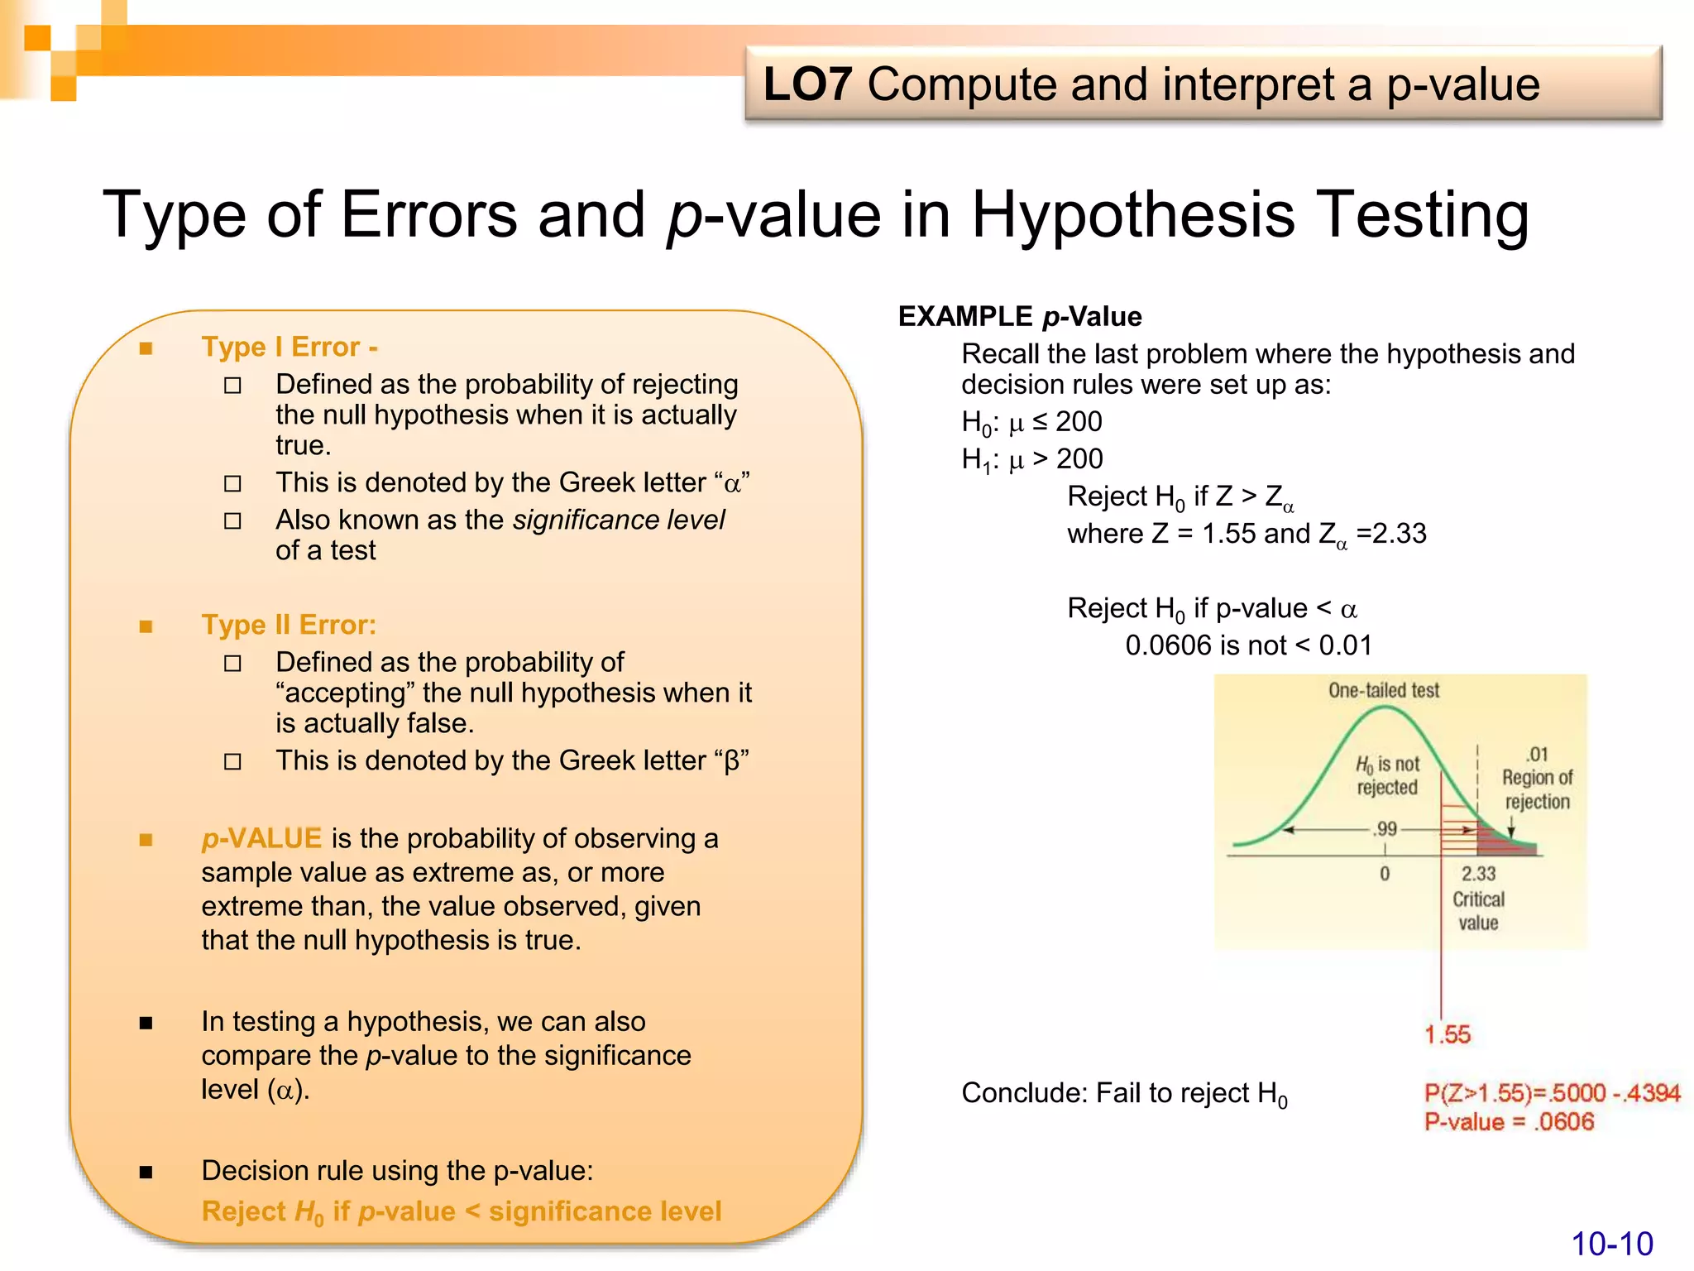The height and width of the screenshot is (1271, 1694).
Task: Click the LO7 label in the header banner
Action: pos(806,84)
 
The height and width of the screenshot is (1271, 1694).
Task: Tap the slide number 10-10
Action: pos(1611,1244)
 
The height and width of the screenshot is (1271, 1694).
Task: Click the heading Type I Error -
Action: pos(290,347)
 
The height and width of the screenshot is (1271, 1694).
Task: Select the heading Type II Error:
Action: pos(289,625)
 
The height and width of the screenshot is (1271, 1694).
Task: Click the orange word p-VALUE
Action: pos(261,838)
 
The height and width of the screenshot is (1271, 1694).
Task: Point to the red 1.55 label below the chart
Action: pos(1448,1034)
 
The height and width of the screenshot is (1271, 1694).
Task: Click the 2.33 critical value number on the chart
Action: pos(1478,874)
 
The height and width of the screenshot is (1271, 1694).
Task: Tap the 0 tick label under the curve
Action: pos(1385,874)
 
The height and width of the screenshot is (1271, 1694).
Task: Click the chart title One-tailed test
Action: pos(1384,690)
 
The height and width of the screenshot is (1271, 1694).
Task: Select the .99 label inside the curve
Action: pos(1385,828)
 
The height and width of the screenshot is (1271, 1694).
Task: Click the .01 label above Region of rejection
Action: pos(1537,755)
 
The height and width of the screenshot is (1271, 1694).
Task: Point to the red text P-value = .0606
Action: pos(1509,1122)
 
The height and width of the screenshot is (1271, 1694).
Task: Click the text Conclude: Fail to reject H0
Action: pos(1123,1094)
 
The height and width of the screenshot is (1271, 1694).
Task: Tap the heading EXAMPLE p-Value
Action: pos(1019,316)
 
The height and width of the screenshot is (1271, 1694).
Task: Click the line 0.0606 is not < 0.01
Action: pos(1248,645)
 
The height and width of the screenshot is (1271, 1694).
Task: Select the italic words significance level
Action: pos(618,520)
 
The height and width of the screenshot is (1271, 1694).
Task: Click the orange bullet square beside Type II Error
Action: pos(146,626)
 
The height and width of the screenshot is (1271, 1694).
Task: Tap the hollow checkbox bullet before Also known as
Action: pos(233,521)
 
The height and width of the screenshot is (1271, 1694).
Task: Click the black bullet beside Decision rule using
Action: pos(146,1172)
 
